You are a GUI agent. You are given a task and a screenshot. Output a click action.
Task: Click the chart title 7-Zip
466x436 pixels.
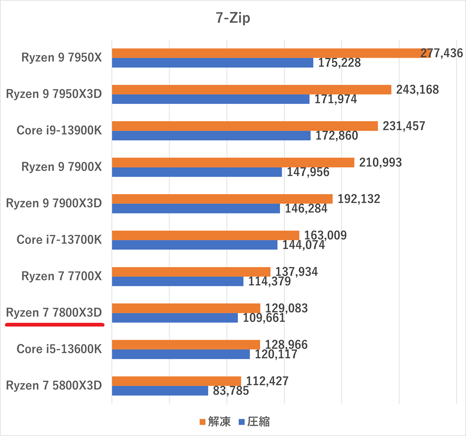coord(233,18)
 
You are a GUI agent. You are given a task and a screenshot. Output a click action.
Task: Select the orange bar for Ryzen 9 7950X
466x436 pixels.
coord(270,53)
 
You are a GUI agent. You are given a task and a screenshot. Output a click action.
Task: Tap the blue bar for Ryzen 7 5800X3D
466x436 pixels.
coord(160,390)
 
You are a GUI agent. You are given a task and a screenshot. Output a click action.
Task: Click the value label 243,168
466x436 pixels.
coord(418,89)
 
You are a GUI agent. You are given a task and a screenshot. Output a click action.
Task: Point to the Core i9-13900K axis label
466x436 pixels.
coord(59,130)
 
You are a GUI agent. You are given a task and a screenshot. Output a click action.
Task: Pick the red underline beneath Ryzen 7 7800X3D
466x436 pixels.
coord(54,325)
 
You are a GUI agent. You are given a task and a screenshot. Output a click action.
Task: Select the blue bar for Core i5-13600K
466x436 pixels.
coord(181,354)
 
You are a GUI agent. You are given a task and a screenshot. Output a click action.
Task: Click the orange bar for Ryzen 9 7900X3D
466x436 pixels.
coord(222,199)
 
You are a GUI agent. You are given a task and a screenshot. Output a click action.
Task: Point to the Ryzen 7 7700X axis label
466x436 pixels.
coord(61,276)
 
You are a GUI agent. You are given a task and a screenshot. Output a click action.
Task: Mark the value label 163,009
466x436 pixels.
coord(325,235)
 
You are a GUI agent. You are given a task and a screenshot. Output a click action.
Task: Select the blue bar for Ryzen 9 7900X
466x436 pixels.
coord(197,172)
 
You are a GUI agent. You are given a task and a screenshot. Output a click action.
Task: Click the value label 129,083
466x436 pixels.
coord(286,308)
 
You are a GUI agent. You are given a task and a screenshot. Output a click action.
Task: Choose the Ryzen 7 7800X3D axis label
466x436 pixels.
coord(54,313)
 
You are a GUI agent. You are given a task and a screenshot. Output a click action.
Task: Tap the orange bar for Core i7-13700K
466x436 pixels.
coord(205,235)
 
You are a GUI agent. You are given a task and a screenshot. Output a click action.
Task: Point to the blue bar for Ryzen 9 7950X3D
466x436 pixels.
coord(210,99)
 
